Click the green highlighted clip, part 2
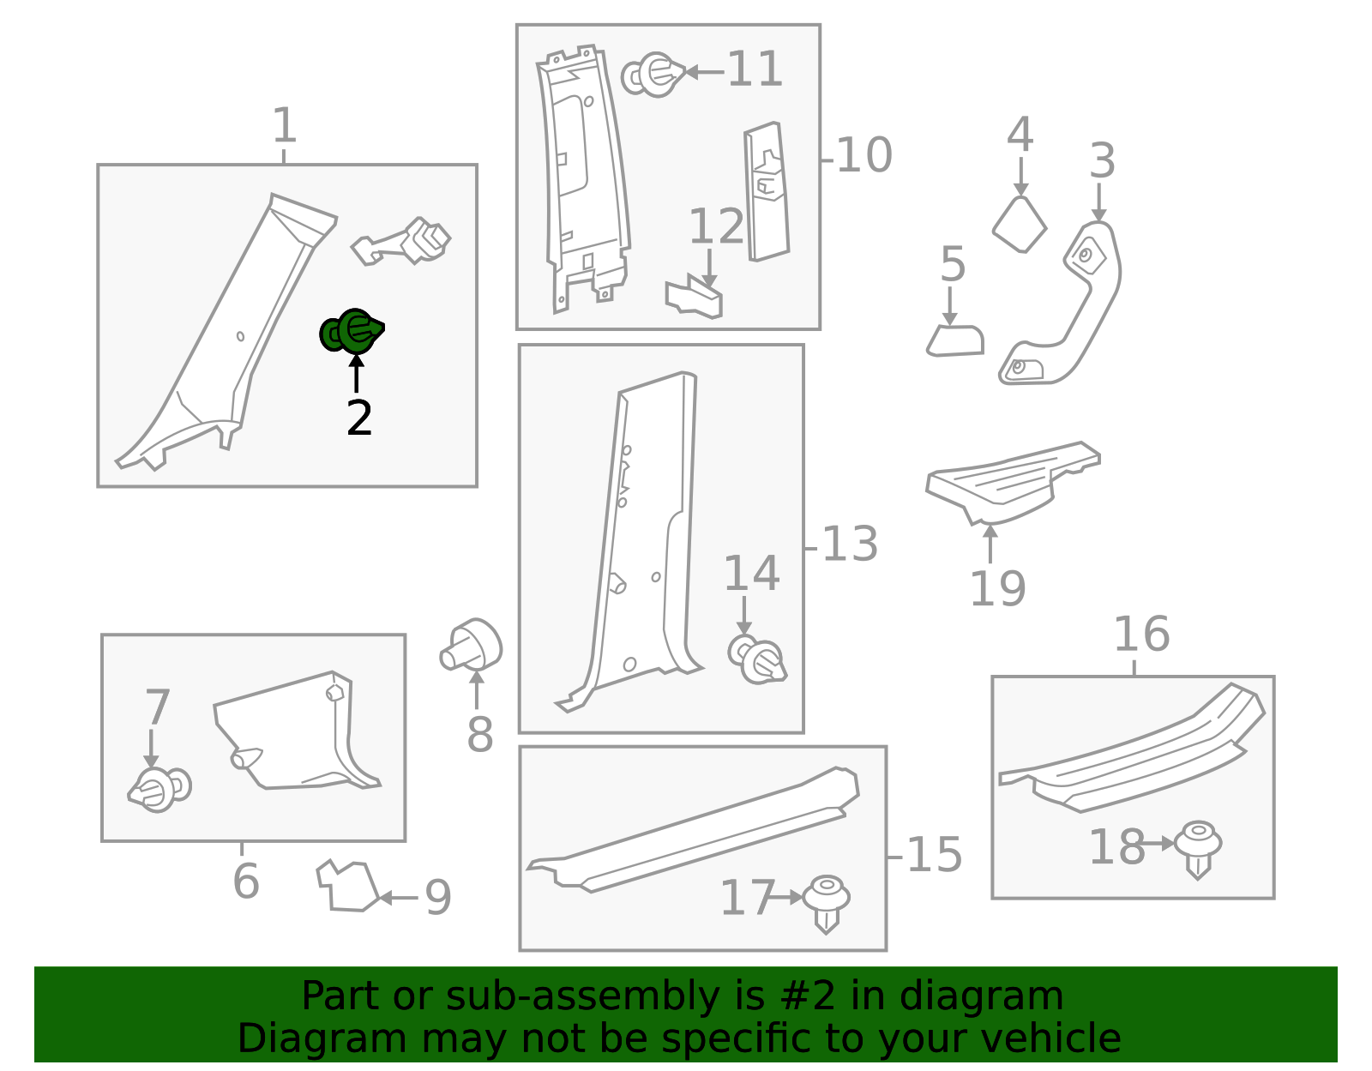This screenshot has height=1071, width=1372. [x=351, y=331]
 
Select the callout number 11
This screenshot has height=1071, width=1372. [x=755, y=69]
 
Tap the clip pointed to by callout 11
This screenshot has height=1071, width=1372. [x=653, y=75]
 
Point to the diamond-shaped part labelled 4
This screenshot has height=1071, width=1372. [x=1019, y=224]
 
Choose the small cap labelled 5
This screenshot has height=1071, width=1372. [x=955, y=340]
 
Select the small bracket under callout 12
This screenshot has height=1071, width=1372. [x=694, y=297]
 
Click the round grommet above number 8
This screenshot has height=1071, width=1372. [x=471, y=644]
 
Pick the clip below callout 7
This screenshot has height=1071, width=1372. [x=159, y=789]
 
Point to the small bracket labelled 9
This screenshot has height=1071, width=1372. [x=347, y=886]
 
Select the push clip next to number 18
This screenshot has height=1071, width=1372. [x=1198, y=850]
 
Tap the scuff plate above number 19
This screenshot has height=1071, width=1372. [x=1013, y=483]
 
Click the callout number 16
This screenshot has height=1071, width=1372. [x=1141, y=635]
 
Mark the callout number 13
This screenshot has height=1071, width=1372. [x=850, y=544]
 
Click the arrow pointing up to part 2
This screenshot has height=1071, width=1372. [x=357, y=374]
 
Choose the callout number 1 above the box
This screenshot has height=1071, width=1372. [x=284, y=125]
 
